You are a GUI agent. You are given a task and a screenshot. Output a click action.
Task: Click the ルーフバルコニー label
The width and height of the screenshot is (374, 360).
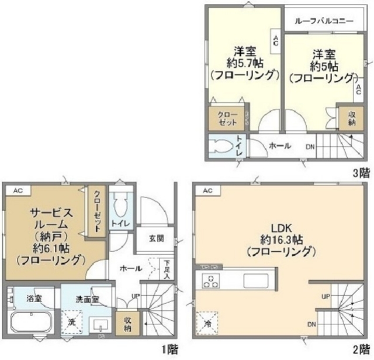(324, 20)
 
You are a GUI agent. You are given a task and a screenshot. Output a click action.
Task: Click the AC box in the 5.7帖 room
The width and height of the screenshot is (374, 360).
(275, 41)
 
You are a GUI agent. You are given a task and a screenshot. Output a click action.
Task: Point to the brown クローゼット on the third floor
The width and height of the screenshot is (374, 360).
(229, 119)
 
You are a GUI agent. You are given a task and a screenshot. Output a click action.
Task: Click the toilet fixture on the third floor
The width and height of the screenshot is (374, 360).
(222, 146)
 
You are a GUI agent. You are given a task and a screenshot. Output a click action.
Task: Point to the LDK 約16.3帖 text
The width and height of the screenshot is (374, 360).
(282, 240)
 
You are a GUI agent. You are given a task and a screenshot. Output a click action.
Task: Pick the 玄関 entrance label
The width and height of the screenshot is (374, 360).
(155, 238)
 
